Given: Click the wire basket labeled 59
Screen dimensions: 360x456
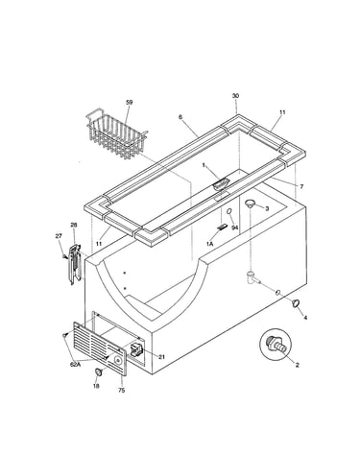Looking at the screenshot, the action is [117, 134].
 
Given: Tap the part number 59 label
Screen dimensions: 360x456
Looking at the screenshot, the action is [129, 103].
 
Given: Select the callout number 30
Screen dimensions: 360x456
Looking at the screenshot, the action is [235, 96].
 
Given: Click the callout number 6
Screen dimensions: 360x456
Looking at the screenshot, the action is [180, 117].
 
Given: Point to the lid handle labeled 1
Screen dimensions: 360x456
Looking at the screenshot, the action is [221, 184].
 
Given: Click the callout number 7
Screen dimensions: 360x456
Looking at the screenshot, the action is [301, 186].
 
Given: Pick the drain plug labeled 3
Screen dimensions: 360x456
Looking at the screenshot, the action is [250, 204].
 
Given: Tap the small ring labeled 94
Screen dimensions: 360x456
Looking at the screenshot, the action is [229, 212].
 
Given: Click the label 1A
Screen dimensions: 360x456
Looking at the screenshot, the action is [209, 244].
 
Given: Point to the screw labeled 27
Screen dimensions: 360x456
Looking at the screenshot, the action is [64, 256].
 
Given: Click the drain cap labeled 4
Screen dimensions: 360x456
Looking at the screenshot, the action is [296, 302].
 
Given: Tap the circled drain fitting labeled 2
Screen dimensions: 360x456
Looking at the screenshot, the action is [275, 345].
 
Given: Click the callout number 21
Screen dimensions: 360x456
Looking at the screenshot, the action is [162, 357].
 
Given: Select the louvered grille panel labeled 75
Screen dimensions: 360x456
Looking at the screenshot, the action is [100, 348].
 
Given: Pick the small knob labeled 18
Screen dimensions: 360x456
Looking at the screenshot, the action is [99, 372].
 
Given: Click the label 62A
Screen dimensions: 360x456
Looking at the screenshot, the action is [75, 365].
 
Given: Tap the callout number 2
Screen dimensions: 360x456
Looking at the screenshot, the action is [298, 365].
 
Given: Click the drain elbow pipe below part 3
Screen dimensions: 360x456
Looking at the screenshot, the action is [252, 277].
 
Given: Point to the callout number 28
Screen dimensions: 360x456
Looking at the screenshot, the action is [74, 225].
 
